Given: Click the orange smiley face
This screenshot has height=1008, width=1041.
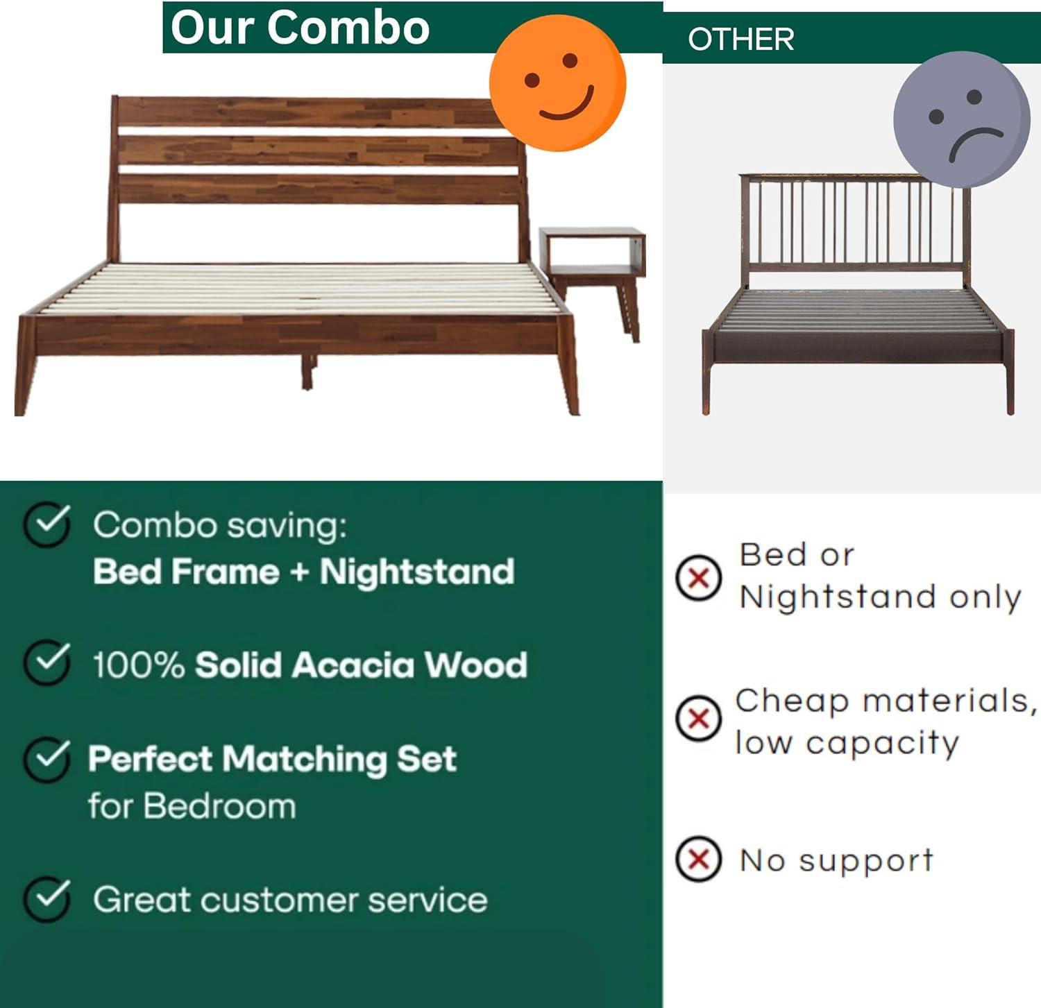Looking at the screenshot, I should [557, 83].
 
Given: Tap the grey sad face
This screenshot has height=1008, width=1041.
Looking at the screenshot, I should [961, 119].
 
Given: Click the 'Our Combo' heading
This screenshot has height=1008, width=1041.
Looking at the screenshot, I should [300, 28].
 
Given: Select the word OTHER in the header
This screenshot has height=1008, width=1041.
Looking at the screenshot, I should [740, 40].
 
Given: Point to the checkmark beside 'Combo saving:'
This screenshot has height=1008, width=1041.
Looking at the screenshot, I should [46, 525].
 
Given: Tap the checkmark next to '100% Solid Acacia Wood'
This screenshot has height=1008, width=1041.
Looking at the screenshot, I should [46, 663].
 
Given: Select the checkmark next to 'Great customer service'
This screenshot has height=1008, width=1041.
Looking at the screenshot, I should [46, 899].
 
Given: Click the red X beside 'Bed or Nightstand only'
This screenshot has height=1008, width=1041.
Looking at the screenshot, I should [698, 577].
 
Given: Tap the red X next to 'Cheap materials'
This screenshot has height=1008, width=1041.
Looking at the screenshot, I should [698, 719].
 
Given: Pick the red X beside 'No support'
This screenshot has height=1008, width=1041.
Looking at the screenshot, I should [698, 859].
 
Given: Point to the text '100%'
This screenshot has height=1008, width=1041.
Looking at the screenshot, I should [138, 665].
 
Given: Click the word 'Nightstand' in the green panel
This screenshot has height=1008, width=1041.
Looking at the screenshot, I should [416, 572].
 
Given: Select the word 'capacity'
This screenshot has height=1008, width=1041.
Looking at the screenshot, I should [882, 744].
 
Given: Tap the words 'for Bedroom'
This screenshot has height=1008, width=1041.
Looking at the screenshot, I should [192, 806].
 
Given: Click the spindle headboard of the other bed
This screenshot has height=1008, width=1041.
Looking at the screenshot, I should [854, 222].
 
